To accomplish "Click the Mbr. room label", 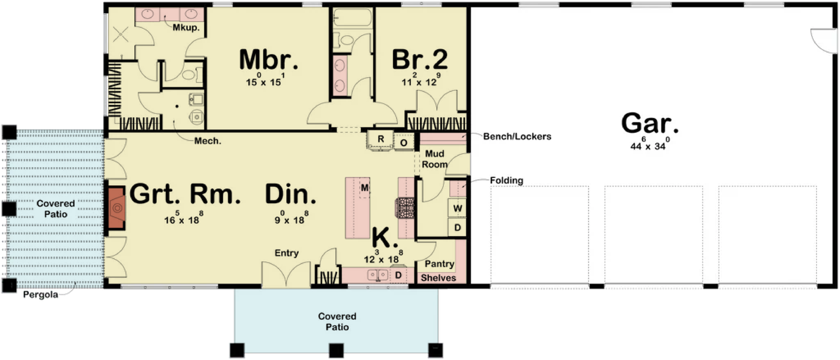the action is tap(268, 60).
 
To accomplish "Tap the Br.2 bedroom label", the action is tap(419, 60).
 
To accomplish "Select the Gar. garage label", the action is tap(649, 123).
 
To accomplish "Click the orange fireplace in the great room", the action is tap(117, 208).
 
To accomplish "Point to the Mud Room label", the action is tap(435, 159).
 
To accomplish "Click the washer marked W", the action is tap(457, 208).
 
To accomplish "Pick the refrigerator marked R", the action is tap(381, 140).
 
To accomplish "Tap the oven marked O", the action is tap(404, 143).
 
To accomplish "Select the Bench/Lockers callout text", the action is tap(517, 136).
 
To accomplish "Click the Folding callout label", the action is tap(506, 181).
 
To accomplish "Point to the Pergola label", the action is tap(40, 294).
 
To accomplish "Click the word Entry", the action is tap(287, 253).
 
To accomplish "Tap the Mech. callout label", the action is tap(208, 141).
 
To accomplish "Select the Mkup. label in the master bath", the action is tap(186, 27).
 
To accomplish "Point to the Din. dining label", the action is tap(291, 194).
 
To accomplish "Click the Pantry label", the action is tap(439, 264).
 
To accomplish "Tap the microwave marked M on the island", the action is tap(364, 188).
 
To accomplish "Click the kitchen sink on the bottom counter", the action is tap(377, 276).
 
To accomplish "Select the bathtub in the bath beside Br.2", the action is tap(352, 17).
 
